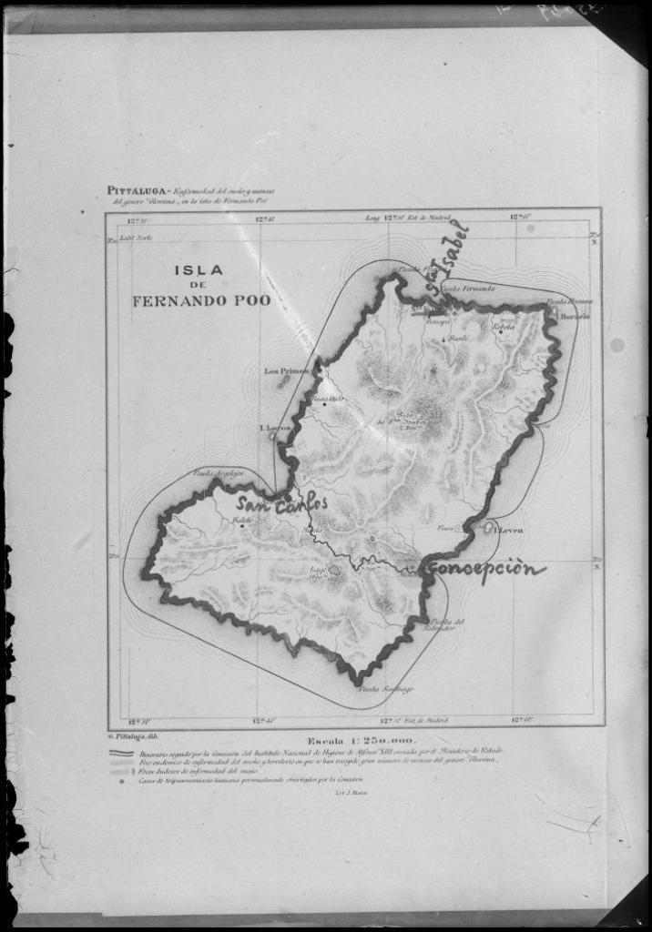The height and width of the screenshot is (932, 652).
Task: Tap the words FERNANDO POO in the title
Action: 200,300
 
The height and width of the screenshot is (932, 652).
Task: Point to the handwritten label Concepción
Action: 486,569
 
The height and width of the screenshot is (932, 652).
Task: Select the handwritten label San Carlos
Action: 281,503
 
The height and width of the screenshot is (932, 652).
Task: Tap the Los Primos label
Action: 286,370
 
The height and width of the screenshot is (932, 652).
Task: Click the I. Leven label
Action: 508,528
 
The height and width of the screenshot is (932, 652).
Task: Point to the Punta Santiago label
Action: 385,688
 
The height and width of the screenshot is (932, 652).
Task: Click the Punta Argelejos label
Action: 215,473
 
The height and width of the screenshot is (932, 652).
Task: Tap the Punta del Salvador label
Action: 447,625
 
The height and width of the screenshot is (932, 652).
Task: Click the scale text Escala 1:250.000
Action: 361,741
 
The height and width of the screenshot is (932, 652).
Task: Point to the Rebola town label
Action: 504,326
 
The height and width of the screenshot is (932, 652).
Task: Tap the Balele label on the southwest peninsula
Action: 241,521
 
